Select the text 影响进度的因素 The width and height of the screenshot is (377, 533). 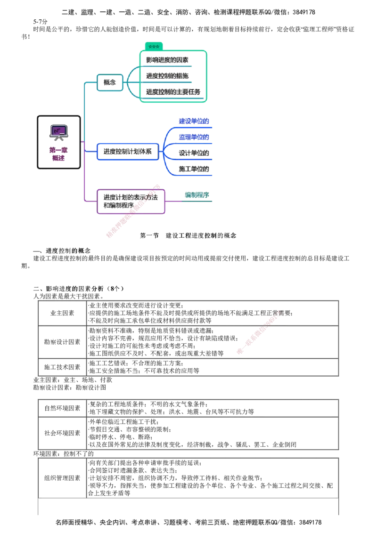tap(167, 60)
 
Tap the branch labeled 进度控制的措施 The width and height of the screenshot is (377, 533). tap(167, 75)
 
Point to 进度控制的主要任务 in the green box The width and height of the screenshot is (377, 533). tap(172, 91)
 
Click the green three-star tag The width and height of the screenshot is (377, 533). tap(153, 46)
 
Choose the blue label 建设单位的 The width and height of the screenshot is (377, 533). tap(194, 121)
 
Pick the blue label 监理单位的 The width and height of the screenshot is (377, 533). tap(194, 137)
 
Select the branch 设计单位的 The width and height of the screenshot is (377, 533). tap(194, 153)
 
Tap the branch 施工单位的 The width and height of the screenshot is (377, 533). tap(194, 169)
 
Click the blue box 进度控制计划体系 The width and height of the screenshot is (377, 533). tap(127, 152)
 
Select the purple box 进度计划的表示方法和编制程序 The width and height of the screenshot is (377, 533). tap(130, 202)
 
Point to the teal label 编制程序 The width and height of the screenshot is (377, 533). tap(197, 195)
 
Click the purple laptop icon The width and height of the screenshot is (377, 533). tap(59, 131)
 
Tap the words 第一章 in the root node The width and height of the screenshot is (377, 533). tap(58, 150)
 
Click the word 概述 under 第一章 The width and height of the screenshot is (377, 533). tap(58, 158)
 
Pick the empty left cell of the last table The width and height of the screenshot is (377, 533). tap(62, 477)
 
